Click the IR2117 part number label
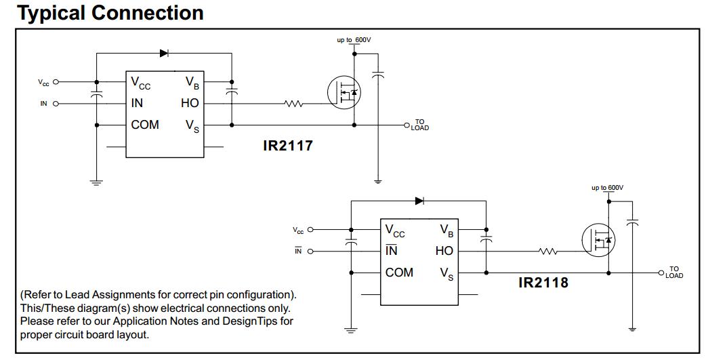coord(288,145)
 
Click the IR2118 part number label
coord(543,282)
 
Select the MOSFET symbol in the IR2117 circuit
coord(343,93)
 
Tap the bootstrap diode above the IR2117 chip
coord(164,53)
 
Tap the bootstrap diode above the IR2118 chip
coord(419,201)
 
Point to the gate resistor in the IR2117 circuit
coord(293,104)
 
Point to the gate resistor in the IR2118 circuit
coord(548,252)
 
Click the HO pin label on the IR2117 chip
coord(190,104)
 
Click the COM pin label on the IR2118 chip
coord(399,273)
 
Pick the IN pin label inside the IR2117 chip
coord(137,104)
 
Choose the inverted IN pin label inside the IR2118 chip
coord(392,251)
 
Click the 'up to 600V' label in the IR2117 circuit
coord(354,40)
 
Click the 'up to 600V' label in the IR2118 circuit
coord(607,188)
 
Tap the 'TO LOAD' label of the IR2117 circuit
coord(420,125)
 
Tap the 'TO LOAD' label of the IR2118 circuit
coord(674,273)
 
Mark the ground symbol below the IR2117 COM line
coord(96,182)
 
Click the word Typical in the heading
coord(51,13)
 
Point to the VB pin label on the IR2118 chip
coord(446,231)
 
